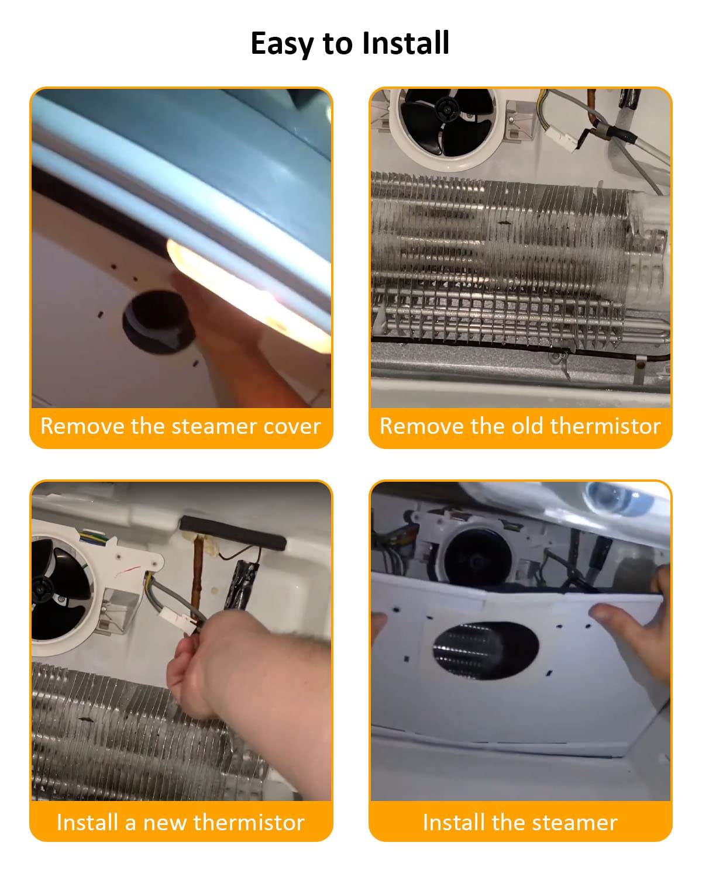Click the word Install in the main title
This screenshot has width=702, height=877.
[405, 43]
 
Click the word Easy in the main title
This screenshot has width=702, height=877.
[282, 44]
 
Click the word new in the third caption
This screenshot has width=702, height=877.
[164, 823]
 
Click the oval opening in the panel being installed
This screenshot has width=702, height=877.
[486, 650]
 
